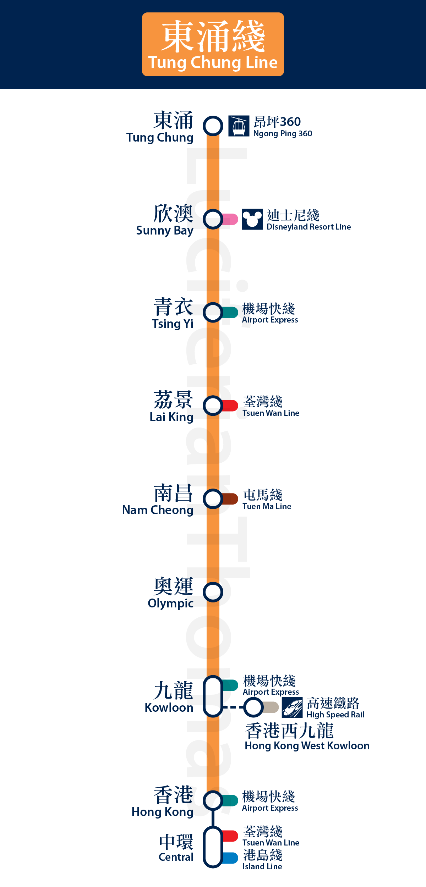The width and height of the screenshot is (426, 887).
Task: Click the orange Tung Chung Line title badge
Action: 213,44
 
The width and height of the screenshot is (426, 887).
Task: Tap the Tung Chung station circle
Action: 213,126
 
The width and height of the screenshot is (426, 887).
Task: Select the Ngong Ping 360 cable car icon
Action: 239,126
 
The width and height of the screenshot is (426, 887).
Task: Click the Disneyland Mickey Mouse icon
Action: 252,219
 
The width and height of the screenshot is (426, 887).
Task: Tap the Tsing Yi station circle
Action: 213,312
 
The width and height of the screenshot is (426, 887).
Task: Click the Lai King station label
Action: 172,407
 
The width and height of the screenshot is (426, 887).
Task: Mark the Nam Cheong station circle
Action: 213,499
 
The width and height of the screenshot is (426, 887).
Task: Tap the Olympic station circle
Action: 213,592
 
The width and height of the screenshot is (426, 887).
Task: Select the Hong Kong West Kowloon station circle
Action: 253,707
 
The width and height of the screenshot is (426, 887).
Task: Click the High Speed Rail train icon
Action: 292,707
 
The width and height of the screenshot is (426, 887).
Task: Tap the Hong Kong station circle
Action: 213,800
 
